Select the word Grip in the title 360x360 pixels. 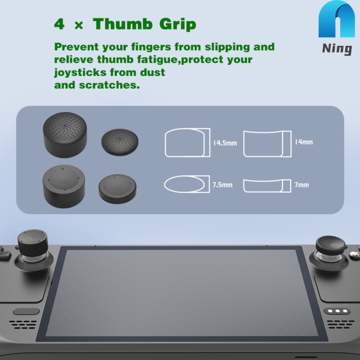click(176, 24)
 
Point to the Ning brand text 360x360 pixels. click(337, 49)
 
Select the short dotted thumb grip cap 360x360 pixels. click(119, 141)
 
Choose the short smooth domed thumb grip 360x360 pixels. click(117, 188)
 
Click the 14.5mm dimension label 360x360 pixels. click(225, 143)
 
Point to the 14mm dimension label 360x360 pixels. click(304, 142)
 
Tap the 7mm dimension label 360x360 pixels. click(302, 184)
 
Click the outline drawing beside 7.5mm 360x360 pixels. click(185, 184)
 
